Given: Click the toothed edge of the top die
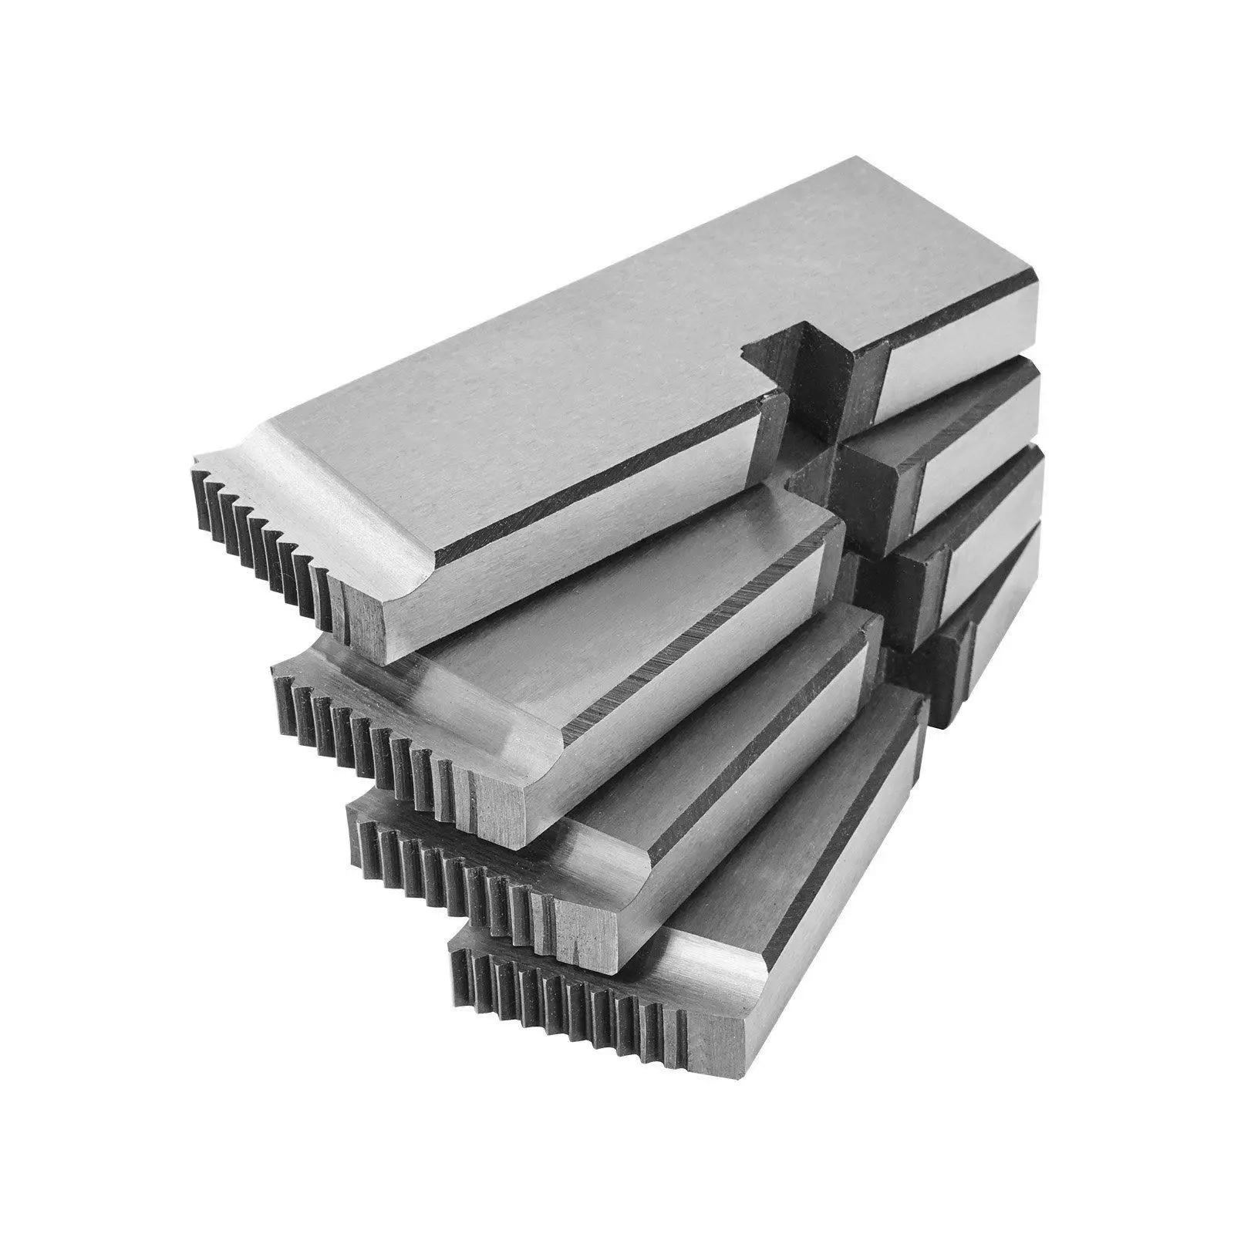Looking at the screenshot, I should tap(262, 540).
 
